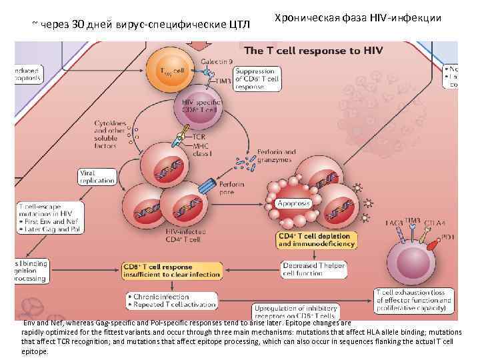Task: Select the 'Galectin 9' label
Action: [215, 61]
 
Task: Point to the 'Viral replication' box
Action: [97, 177]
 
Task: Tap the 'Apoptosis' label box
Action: [294, 202]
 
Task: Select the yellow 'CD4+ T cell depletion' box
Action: [313, 240]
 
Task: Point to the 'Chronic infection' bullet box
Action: [166, 301]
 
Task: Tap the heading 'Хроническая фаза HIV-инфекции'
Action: [357, 18]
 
